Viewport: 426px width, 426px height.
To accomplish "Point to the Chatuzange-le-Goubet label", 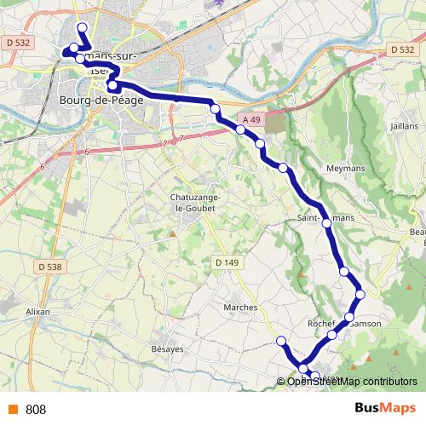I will click(196, 201).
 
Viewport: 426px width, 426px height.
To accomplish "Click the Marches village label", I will click(239, 307).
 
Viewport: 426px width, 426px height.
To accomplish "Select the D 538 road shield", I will click(50, 267).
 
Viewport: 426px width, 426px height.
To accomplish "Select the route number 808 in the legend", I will click(36, 410).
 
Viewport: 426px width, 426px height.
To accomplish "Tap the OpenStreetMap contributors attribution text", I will click(352, 381).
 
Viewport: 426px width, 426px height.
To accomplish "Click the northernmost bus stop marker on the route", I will click(82, 27).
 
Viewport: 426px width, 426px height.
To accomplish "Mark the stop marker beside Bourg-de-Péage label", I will click(112, 85).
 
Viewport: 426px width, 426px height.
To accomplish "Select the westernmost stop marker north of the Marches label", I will click(281, 342).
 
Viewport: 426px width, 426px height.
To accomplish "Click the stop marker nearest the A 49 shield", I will click(241, 130).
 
